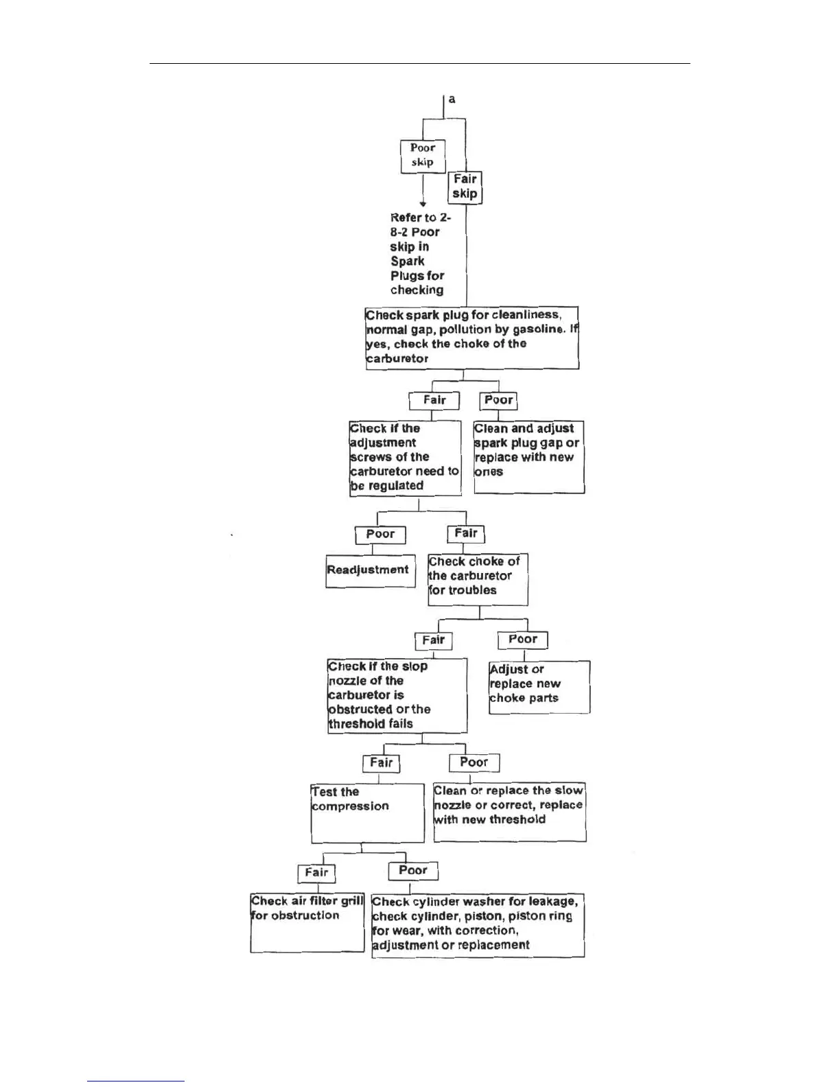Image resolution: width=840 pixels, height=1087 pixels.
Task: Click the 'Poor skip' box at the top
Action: tap(423, 156)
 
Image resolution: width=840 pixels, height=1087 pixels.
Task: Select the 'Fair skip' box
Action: tap(465, 187)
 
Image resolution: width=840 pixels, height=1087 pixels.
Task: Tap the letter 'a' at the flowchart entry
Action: tap(452, 100)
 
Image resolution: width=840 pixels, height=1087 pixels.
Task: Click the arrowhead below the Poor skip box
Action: tap(423, 203)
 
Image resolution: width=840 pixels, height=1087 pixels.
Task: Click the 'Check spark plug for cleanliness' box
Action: tap(472, 338)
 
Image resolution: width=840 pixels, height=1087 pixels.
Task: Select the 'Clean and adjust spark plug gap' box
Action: tap(528, 456)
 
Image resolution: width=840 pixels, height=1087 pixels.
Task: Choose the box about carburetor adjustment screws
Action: tap(405, 458)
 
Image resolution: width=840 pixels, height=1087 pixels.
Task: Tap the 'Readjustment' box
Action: tap(371, 570)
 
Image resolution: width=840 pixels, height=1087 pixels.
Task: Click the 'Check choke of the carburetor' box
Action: tap(478, 580)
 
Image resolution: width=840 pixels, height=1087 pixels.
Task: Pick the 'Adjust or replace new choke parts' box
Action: tap(539, 687)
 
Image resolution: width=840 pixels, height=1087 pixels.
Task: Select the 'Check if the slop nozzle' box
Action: tap(397, 696)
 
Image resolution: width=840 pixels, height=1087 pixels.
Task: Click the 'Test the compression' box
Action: tap(367, 813)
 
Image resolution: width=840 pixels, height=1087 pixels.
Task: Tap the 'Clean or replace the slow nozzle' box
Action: tap(509, 813)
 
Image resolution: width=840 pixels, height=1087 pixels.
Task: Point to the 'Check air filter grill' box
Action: tap(307, 922)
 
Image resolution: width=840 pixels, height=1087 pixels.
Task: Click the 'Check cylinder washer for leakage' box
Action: tap(478, 925)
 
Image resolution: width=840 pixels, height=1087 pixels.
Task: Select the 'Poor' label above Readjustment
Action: tap(380, 535)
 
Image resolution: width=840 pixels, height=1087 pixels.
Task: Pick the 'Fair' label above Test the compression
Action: tap(381, 763)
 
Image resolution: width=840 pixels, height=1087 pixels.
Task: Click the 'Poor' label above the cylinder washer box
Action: tap(413, 871)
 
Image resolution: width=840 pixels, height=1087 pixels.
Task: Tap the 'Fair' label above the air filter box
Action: tap(316, 873)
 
